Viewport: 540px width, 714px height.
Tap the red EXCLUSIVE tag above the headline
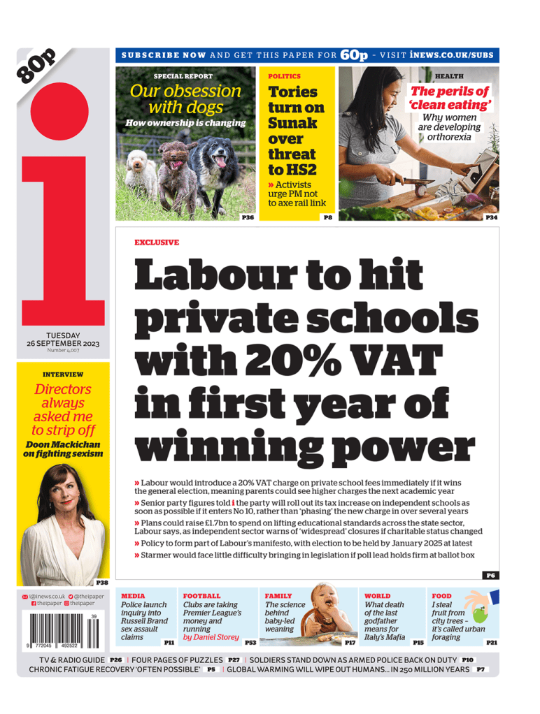click(x=156, y=242)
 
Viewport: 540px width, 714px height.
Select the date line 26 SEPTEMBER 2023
click(x=63, y=344)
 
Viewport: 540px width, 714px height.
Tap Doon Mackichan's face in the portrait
click(x=62, y=488)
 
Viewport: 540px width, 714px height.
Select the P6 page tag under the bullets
click(x=490, y=576)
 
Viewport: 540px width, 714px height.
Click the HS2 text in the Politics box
click(x=302, y=170)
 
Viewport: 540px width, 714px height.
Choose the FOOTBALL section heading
click(x=201, y=596)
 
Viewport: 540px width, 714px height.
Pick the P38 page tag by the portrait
click(x=102, y=582)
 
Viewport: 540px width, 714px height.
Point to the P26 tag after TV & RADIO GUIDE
click(x=115, y=660)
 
